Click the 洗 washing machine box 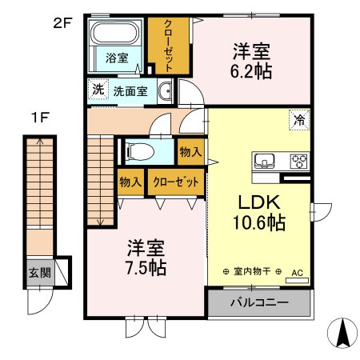(x=97, y=90)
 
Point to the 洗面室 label (x=130, y=91)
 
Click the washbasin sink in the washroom (x=166, y=91)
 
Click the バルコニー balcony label (x=258, y=303)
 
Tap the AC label (x=298, y=272)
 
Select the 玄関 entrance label (x=38, y=272)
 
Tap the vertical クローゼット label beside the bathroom (x=169, y=45)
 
